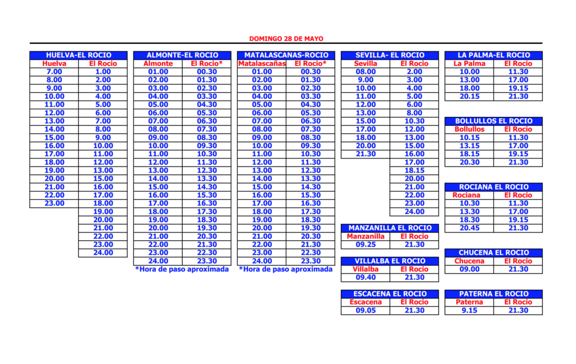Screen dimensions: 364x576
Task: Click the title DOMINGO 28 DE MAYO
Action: (x=286, y=39)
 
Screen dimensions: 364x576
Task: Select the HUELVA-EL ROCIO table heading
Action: (x=79, y=55)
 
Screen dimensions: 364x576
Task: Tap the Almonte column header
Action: (x=158, y=64)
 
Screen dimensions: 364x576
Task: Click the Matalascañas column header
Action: (x=262, y=64)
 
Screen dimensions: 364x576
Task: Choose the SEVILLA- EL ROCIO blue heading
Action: (x=390, y=55)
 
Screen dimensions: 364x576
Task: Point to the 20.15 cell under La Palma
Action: (x=469, y=96)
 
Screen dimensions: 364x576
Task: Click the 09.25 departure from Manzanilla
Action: (x=365, y=245)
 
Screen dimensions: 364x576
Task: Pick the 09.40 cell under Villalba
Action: (x=365, y=277)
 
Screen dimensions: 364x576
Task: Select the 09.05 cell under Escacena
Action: (x=365, y=310)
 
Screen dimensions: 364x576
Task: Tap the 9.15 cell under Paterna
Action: (x=469, y=310)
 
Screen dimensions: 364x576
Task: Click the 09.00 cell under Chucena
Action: (x=469, y=269)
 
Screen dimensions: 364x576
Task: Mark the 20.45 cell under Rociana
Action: (x=469, y=228)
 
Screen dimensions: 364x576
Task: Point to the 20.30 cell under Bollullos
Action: (x=469, y=162)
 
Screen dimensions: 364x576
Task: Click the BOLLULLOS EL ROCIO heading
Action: (x=493, y=121)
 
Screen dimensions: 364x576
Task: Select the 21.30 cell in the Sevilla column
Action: (x=365, y=154)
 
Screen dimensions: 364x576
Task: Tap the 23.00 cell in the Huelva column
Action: (x=55, y=203)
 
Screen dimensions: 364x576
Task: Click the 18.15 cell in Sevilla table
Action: (x=414, y=170)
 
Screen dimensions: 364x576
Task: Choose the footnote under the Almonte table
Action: (x=182, y=269)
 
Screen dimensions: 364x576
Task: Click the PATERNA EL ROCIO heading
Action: (x=493, y=294)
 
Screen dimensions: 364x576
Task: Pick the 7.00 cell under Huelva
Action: (x=55, y=72)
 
